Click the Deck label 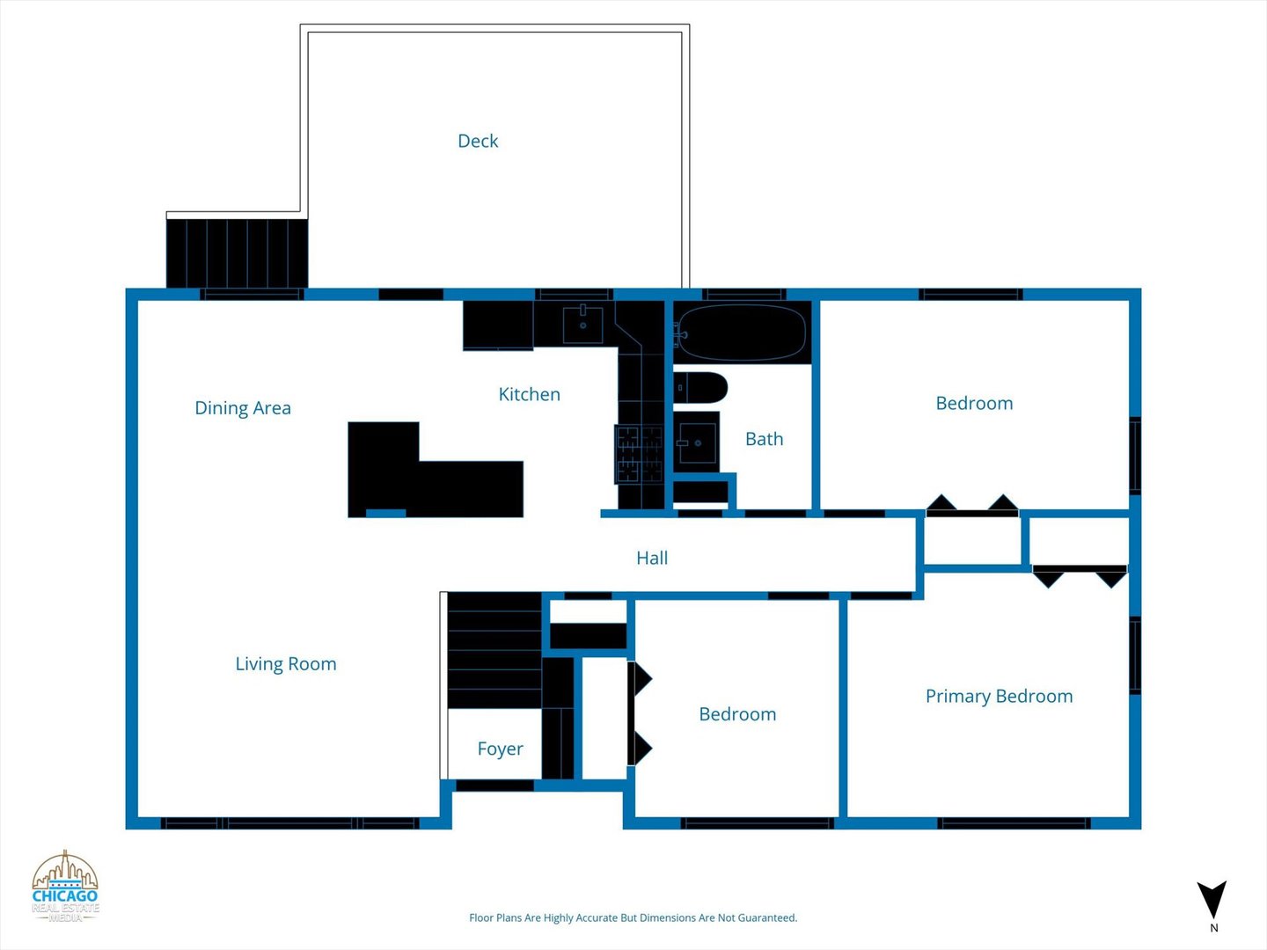pos(478,141)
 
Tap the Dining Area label pos(243,408)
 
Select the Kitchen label pos(529,394)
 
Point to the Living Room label pos(286,664)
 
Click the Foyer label pos(500,749)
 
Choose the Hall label pos(652,558)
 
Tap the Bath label pos(764,439)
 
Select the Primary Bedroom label pos(999,696)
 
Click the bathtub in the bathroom pos(742,332)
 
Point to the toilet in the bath pos(700,387)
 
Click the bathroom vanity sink pos(697,442)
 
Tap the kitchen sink pos(582,325)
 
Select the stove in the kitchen pos(639,454)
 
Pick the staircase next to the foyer pos(494,651)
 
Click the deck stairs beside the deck pos(237,253)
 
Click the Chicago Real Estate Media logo pos(65,886)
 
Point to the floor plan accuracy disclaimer pos(633,917)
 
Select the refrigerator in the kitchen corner pos(498,325)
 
